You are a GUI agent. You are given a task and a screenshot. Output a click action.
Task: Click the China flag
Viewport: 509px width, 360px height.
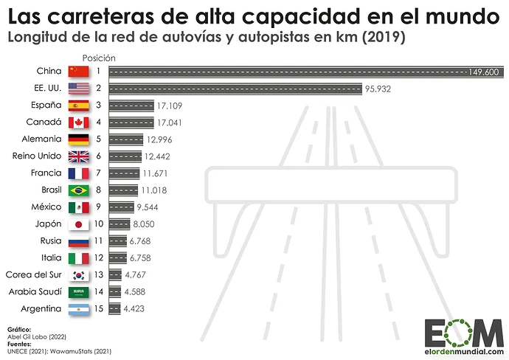[77, 72]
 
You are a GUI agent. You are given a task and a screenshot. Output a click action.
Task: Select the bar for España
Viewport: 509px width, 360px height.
[131, 105]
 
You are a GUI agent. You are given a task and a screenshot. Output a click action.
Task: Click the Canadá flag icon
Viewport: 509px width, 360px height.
[77, 122]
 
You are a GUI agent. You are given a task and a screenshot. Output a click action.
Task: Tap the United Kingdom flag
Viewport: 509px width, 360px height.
[77, 156]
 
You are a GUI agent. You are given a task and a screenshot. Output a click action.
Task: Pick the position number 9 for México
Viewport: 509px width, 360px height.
[98, 207]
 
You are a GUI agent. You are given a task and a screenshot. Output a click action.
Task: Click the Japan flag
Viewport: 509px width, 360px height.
[77, 224]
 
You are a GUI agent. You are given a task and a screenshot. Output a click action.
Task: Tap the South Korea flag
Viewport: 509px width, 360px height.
[77, 275]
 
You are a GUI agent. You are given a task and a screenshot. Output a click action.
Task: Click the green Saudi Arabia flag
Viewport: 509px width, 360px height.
[77, 292]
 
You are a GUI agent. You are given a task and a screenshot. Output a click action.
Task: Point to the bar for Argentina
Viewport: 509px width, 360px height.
[114, 309]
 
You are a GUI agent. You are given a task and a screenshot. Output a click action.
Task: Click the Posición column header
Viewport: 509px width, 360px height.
[98, 58]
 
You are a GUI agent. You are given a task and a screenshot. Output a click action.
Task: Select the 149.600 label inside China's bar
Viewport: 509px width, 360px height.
[482, 72]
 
